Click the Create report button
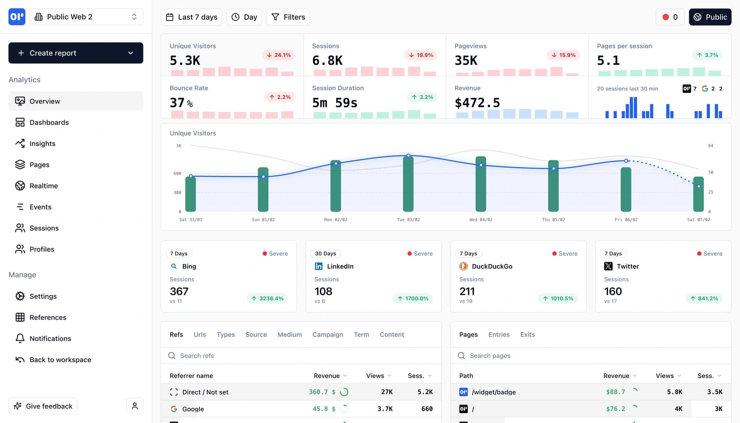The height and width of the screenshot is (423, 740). [76, 53]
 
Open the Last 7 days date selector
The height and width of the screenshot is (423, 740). [192, 17]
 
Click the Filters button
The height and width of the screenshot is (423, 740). [288, 17]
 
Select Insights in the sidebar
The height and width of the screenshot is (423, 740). [42, 143]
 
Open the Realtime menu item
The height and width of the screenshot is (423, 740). [44, 186]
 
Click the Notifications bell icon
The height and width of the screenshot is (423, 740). [20, 338]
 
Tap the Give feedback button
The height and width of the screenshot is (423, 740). [43, 406]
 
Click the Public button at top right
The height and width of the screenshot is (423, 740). [710, 17]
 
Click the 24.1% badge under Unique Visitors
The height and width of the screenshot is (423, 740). [278, 55]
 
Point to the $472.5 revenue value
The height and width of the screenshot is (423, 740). [477, 103]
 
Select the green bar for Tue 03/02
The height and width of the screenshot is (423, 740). [408, 184]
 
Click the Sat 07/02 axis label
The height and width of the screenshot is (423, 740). [698, 220]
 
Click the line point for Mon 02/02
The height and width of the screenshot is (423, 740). [336, 164]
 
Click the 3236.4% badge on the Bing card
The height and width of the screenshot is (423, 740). [268, 298]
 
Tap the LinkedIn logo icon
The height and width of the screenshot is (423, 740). [319, 266]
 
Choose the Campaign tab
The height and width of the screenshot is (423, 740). [328, 335]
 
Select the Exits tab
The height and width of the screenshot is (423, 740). [527, 335]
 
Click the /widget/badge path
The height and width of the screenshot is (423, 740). [494, 392]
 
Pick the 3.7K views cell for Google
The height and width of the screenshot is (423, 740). [385, 409]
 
